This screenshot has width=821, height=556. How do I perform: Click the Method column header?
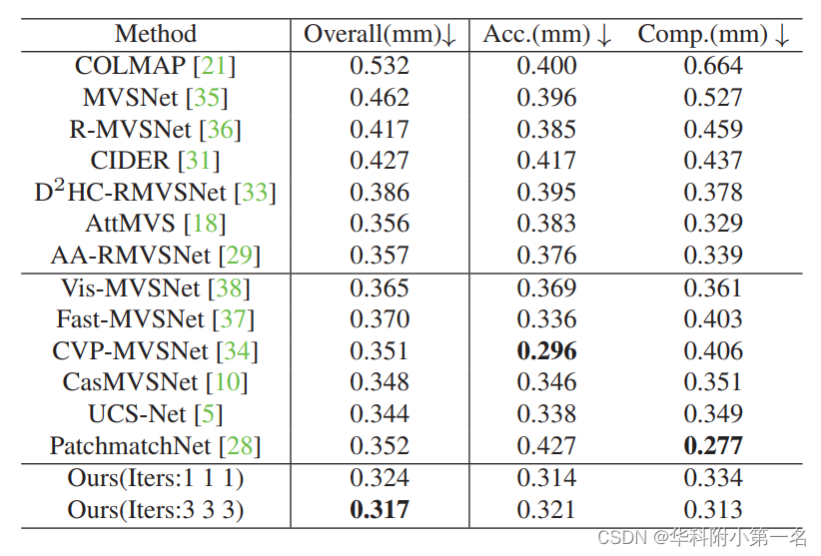pos(156,34)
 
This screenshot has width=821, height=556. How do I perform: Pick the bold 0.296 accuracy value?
pos(546,350)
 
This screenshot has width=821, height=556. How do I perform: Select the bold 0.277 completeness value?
pos(713,445)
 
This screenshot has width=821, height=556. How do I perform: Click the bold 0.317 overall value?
pos(380,509)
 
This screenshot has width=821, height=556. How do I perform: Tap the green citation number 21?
pos(214,66)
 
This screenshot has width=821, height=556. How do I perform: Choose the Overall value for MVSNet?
pos(380,98)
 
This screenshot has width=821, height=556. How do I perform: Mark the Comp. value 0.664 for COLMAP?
pos(713,66)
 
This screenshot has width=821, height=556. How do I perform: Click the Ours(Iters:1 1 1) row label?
pos(156,478)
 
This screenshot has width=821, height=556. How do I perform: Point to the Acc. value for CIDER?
pos(546,161)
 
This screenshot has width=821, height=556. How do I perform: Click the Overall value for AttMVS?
pos(380,224)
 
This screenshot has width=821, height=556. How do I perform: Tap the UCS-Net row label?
pos(140,413)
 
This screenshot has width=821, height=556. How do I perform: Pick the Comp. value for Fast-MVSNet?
pos(713,319)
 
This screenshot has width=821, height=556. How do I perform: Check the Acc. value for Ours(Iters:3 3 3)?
pos(546,509)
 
